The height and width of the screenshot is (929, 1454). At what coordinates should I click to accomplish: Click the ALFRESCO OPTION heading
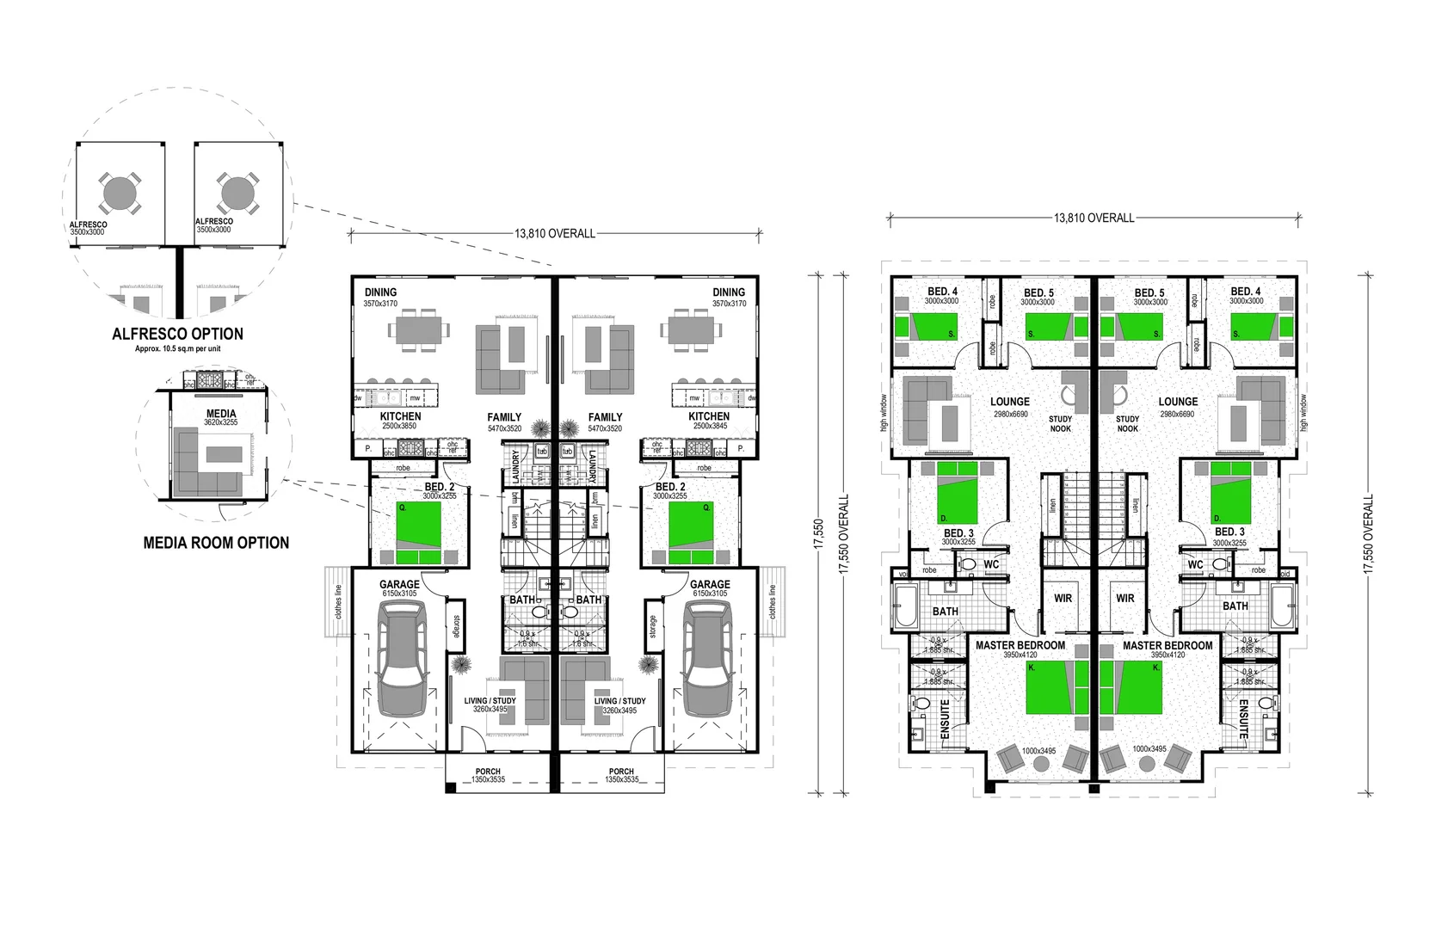coord(177,334)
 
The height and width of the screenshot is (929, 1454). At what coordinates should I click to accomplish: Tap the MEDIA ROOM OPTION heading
coord(215,543)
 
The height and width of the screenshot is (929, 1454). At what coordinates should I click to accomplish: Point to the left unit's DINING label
coord(380,292)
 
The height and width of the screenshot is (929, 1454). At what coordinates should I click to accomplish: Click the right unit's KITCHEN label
coord(709,416)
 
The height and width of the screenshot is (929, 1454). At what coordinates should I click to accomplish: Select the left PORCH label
coord(488,772)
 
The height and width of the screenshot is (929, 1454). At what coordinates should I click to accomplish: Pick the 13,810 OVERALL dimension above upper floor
coord(1094,218)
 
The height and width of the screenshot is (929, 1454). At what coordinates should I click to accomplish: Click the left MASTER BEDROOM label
coord(1020,645)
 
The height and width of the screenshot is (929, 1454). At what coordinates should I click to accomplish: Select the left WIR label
coord(1063,598)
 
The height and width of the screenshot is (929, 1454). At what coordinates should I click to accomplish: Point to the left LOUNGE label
coord(1010,402)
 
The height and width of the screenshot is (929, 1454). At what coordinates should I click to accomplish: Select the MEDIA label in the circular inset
coord(220,414)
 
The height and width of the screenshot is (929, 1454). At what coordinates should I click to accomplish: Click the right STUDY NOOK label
coord(1127,423)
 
